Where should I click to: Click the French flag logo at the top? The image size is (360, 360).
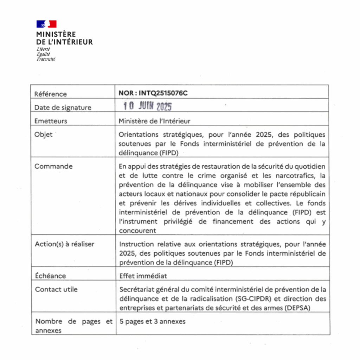point(46,24)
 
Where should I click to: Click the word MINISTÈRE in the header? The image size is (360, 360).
point(56,34)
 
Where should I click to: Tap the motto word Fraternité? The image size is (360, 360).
point(46,59)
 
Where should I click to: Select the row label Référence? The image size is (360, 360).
point(50,94)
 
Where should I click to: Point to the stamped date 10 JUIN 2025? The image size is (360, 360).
point(147,106)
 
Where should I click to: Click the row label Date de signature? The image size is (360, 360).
point(63,108)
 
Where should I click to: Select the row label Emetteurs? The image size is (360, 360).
point(51,121)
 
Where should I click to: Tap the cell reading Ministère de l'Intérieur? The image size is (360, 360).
point(154,121)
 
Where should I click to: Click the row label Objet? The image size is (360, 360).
point(43,135)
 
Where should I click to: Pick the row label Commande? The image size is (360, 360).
point(53,166)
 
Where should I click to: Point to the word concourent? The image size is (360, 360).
point(137,231)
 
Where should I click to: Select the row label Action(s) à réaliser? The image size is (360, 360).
point(64,244)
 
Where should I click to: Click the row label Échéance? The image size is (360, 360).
point(50,276)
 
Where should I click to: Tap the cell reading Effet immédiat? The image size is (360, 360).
point(143,276)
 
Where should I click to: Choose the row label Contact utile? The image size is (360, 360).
point(56,289)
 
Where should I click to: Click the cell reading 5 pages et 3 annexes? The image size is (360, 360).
point(152,321)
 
